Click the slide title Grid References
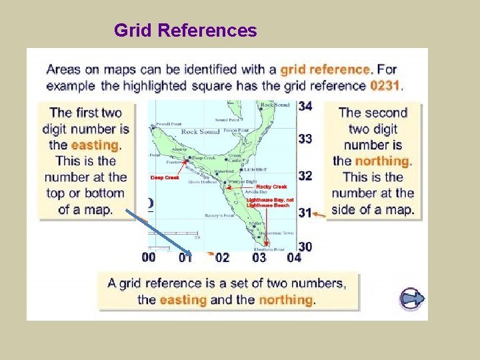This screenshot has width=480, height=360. tap(185, 31)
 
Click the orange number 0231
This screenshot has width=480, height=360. tap(386, 85)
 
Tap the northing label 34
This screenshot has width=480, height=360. tap(305, 106)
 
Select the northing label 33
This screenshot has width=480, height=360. tap(305, 139)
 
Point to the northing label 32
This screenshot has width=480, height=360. tap(305, 175)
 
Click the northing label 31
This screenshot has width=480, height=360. tap(305, 213)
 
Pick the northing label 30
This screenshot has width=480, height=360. tap(305, 247)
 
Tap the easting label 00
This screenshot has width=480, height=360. tap(149, 257)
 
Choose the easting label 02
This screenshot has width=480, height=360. tap(222, 257)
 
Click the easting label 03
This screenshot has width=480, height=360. tap(259, 257)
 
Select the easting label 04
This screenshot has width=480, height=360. tap(293, 257)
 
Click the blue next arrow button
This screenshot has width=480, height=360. tap(411, 298)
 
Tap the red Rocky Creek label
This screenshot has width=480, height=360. tap(271, 187)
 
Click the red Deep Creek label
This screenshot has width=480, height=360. tap(165, 178)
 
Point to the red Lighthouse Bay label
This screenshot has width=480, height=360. tap(270, 200)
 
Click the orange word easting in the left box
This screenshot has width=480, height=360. tap(95, 145)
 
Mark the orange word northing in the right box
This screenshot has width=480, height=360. tap(381, 161)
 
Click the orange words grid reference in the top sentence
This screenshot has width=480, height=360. tap(325, 69)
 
